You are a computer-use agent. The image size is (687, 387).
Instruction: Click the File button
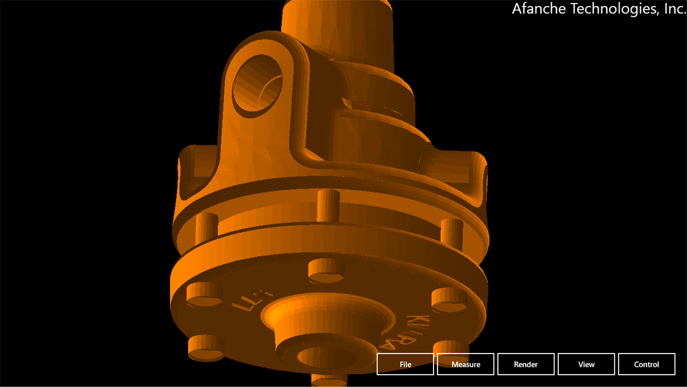point(405,364)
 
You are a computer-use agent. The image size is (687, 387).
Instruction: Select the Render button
point(525,364)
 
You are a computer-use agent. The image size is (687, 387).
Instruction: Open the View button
point(586,364)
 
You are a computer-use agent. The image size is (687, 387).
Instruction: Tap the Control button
point(646,364)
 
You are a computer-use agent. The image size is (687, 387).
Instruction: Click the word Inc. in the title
point(675,8)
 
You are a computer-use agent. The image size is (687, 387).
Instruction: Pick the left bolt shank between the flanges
point(207,228)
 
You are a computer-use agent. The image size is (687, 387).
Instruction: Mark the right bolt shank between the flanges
point(452,233)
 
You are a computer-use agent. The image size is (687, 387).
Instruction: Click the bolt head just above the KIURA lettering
point(449,300)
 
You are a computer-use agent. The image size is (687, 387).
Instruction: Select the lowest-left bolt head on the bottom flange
point(206,347)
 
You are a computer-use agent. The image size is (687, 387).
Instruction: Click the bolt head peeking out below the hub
point(329,381)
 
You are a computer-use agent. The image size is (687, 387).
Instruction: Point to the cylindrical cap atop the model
point(338,25)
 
